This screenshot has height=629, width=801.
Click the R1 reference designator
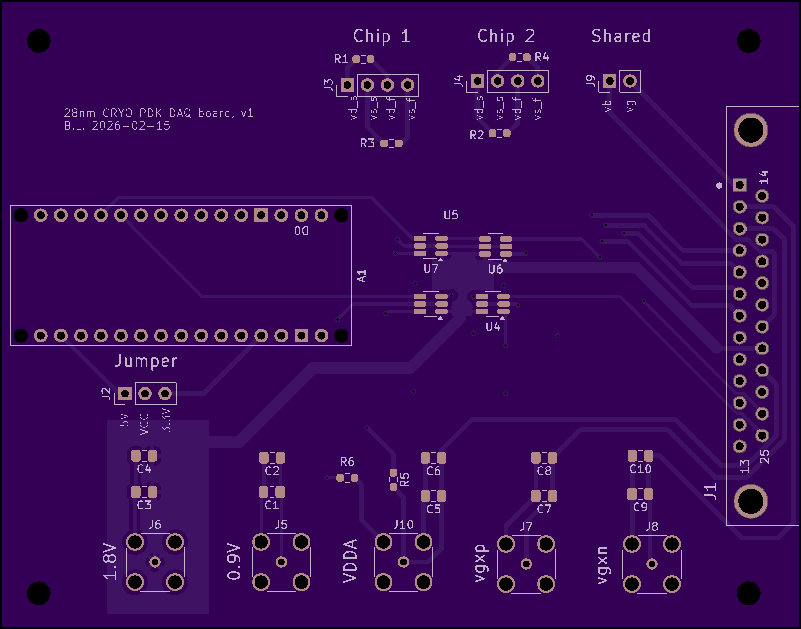[x=341, y=59]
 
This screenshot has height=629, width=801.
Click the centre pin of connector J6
[x=155, y=562]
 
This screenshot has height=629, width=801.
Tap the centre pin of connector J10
[x=404, y=562]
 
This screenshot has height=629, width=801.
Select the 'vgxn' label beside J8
[x=603, y=565]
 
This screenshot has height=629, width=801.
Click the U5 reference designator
[x=451, y=215]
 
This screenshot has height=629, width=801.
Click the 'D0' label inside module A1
[x=301, y=231]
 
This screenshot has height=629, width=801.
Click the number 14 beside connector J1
[x=764, y=177]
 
